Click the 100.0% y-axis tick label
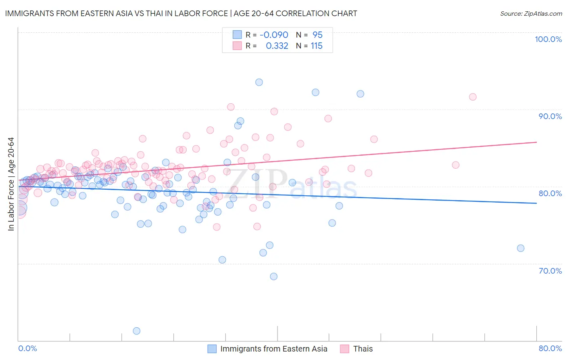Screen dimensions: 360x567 (548, 39)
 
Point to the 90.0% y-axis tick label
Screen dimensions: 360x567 (550, 116)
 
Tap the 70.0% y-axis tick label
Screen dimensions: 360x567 (550, 271)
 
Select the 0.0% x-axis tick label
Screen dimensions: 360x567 (27, 348)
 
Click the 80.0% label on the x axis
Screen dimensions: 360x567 (550, 348)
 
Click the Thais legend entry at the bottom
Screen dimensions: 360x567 (363, 349)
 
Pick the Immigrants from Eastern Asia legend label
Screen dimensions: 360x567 (273, 349)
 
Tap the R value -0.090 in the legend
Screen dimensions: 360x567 (274, 35)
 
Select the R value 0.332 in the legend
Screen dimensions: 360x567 (277, 46)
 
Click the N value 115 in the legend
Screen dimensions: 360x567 (317, 46)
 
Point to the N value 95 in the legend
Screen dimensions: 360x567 (317, 35)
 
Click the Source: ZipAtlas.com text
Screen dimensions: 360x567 (531, 13)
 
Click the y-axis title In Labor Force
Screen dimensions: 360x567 (11, 184)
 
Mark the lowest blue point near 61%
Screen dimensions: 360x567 (136, 331)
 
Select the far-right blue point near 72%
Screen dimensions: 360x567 (521, 248)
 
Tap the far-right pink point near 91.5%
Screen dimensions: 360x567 (473, 97)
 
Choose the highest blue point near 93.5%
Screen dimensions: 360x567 (259, 82)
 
